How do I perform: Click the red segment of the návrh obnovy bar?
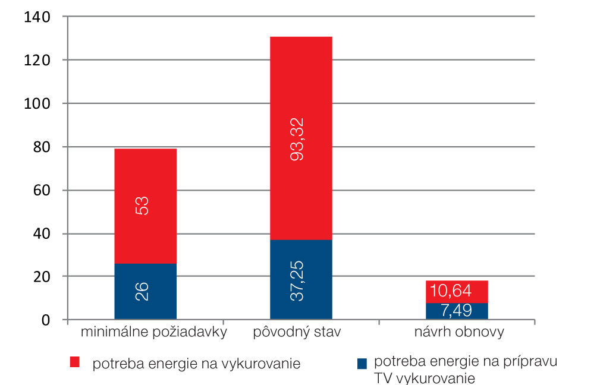(x=457, y=291)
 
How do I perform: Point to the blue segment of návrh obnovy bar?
(x=457, y=311)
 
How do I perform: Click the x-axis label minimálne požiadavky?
(x=154, y=332)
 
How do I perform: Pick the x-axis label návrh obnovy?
(x=458, y=332)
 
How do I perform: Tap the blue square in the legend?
(x=362, y=362)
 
